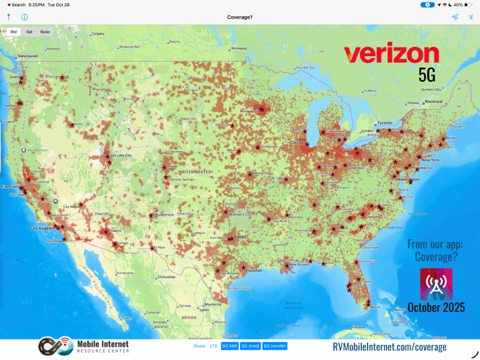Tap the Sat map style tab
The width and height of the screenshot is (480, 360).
(x=29, y=32)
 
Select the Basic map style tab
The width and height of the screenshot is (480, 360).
(x=45, y=32)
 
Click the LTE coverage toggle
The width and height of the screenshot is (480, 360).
(x=214, y=346)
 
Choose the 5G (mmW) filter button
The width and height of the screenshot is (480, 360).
(x=275, y=346)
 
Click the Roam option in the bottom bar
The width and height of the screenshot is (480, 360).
(x=199, y=346)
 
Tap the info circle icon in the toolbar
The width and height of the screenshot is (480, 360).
(x=24, y=17)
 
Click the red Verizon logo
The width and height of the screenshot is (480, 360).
(x=391, y=55)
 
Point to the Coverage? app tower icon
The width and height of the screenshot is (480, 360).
(x=436, y=284)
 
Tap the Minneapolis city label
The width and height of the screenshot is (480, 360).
(x=249, y=112)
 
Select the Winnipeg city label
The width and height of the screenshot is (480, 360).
(x=239, y=48)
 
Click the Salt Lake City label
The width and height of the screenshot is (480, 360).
(x=120, y=155)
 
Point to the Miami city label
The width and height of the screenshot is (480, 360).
(x=375, y=307)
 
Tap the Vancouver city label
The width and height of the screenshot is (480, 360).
(x=27, y=57)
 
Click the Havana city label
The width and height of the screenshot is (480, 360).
(x=359, y=327)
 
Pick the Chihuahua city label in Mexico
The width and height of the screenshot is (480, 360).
(x=166, y=277)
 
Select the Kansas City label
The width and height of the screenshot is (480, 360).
(x=261, y=173)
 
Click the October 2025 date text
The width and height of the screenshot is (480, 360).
(x=436, y=307)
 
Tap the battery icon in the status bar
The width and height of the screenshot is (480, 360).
(x=468, y=5)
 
